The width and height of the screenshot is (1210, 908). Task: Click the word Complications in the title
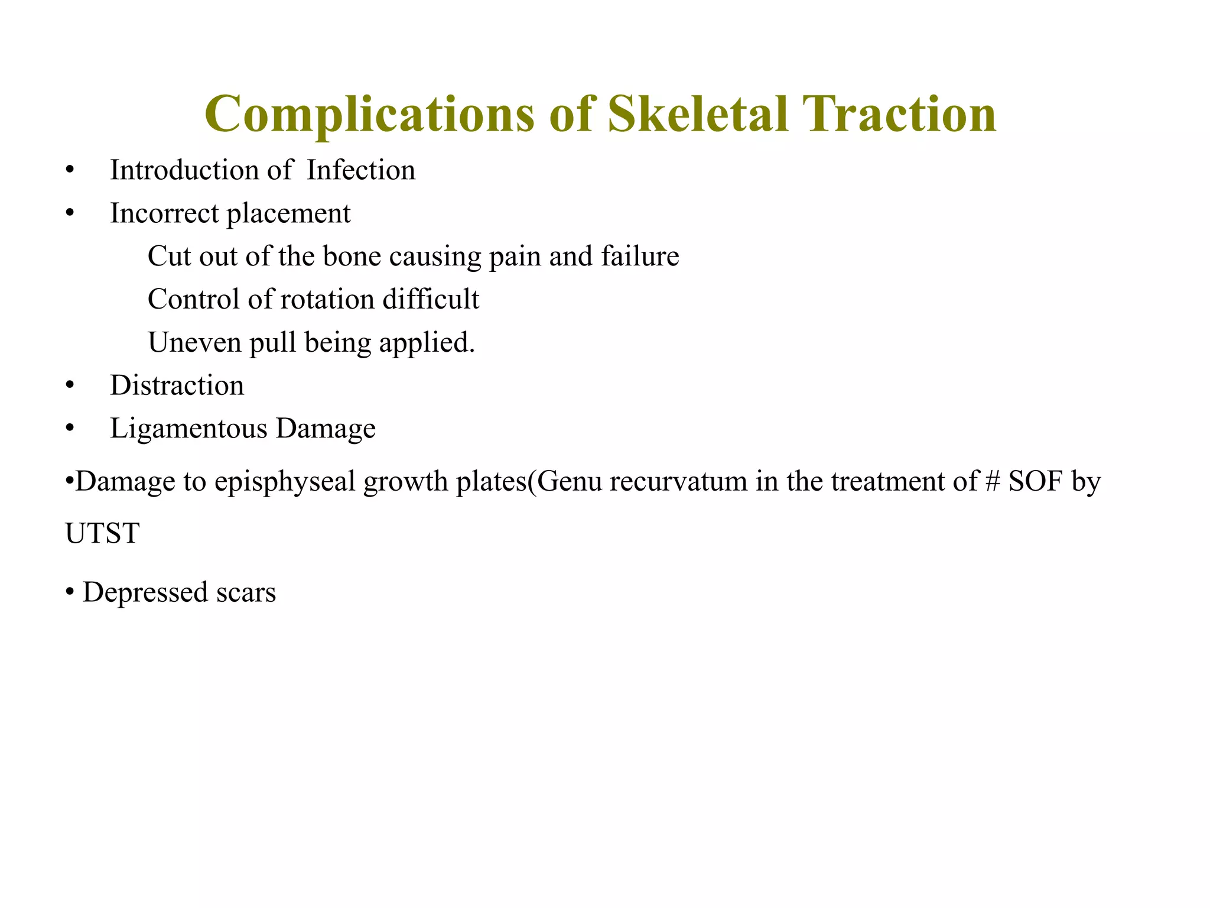pos(369,115)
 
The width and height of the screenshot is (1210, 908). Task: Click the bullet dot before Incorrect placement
pos(70,213)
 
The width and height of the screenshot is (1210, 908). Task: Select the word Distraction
pos(177,385)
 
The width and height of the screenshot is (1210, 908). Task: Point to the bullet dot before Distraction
pos(70,385)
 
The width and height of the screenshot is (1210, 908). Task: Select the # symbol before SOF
pos(992,482)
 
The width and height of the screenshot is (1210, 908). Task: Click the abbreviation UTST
pos(102,534)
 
